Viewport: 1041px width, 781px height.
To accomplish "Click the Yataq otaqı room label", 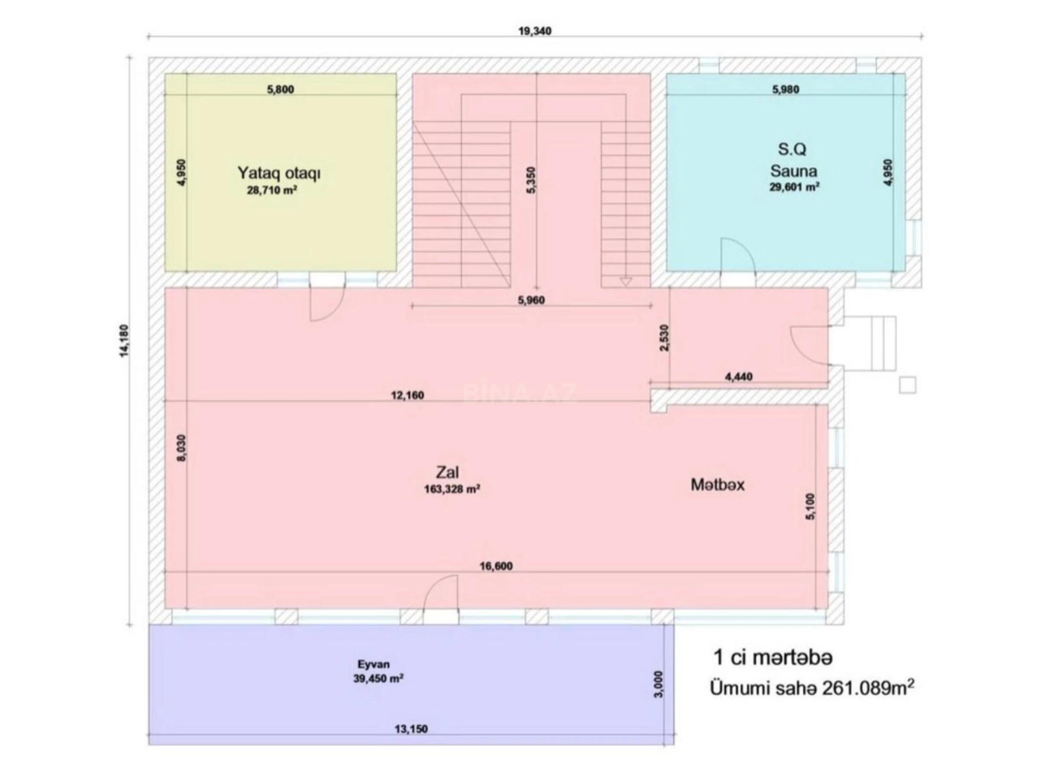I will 279,173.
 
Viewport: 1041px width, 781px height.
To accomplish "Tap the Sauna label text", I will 794,171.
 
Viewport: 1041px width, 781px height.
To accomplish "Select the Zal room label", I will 447,472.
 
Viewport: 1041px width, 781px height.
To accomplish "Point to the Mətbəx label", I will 717,485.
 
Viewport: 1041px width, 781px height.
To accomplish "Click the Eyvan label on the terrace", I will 373,664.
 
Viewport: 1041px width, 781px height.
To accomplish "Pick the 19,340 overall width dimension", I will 534,31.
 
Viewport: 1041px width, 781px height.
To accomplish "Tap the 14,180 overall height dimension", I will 124,341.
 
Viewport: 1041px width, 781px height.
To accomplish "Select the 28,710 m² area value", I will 272,190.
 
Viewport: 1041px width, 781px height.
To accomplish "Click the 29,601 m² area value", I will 794,187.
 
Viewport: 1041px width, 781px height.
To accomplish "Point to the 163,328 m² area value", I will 452,489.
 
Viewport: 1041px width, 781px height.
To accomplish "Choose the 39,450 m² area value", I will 378,678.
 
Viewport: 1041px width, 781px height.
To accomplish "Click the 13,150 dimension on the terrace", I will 411,729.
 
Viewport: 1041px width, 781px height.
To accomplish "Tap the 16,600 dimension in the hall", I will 496,566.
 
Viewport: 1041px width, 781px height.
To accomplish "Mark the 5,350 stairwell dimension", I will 531,180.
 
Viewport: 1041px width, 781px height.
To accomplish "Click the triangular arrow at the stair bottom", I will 626,282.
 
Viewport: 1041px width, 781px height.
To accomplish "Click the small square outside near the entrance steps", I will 907,385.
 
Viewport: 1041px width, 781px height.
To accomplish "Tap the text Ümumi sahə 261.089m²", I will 812,689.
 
